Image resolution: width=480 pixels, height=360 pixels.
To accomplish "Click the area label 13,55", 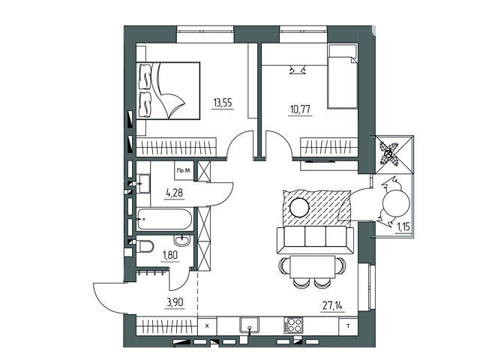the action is (x=223, y=103).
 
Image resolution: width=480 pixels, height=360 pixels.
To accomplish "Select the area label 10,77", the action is (x=301, y=109).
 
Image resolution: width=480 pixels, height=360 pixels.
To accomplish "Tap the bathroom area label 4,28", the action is (x=175, y=193).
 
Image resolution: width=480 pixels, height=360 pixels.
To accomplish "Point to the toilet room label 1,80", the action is (x=170, y=255).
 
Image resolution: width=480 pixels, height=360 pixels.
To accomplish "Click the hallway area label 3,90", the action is (x=175, y=302).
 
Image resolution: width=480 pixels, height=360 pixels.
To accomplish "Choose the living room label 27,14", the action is (x=333, y=305).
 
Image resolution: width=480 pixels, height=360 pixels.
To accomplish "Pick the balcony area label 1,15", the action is (x=403, y=227).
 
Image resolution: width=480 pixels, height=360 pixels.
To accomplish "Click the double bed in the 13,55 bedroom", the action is (x=168, y=91).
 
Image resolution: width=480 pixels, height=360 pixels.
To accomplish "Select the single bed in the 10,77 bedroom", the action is (x=343, y=76).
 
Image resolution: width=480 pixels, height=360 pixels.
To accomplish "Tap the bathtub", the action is (x=165, y=219).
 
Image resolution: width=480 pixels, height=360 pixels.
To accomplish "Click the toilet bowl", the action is (x=145, y=246).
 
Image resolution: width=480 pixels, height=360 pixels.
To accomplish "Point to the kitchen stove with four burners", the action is (x=293, y=325).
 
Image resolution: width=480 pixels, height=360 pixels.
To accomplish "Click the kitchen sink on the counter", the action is (x=250, y=325).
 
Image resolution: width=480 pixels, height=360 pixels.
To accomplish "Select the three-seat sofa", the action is (x=315, y=240).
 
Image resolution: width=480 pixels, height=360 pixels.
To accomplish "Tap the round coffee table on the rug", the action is (x=299, y=207).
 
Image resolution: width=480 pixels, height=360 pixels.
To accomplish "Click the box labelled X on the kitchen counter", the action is (x=207, y=326).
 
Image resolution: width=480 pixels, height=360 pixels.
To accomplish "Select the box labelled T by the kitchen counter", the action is (x=348, y=327).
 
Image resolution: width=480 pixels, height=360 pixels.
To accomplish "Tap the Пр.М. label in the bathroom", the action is (x=184, y=170).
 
